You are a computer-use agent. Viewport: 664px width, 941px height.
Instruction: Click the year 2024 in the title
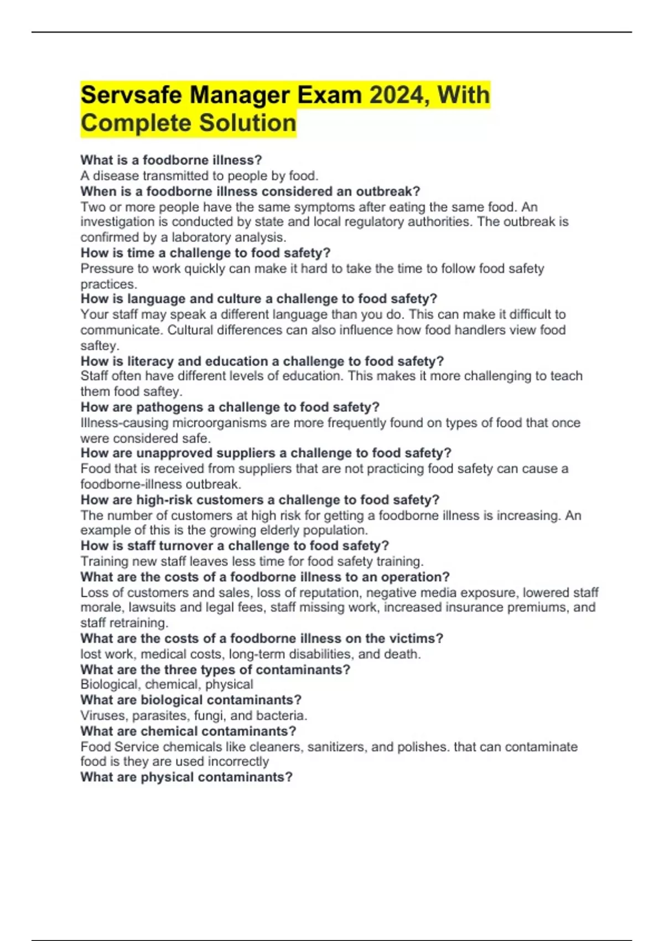397,95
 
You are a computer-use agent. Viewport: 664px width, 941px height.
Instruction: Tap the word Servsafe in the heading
131,95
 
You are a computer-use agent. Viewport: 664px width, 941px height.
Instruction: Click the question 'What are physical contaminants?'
186,777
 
